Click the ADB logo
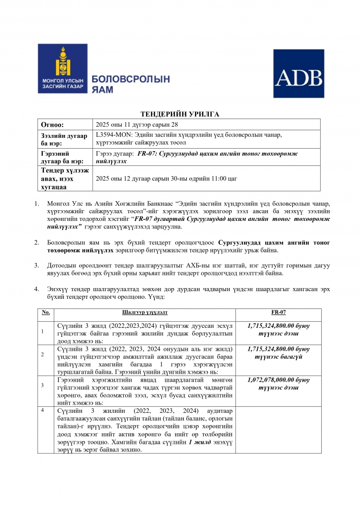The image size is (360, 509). point(298,73)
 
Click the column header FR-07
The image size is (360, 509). point(278,312)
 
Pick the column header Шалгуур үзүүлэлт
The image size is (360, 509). point(145,312)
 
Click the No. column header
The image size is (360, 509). point(46,312)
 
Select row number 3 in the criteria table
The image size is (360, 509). point(43,385)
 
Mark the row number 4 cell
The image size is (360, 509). point(43,410)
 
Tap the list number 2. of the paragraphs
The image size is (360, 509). point(37,243)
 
